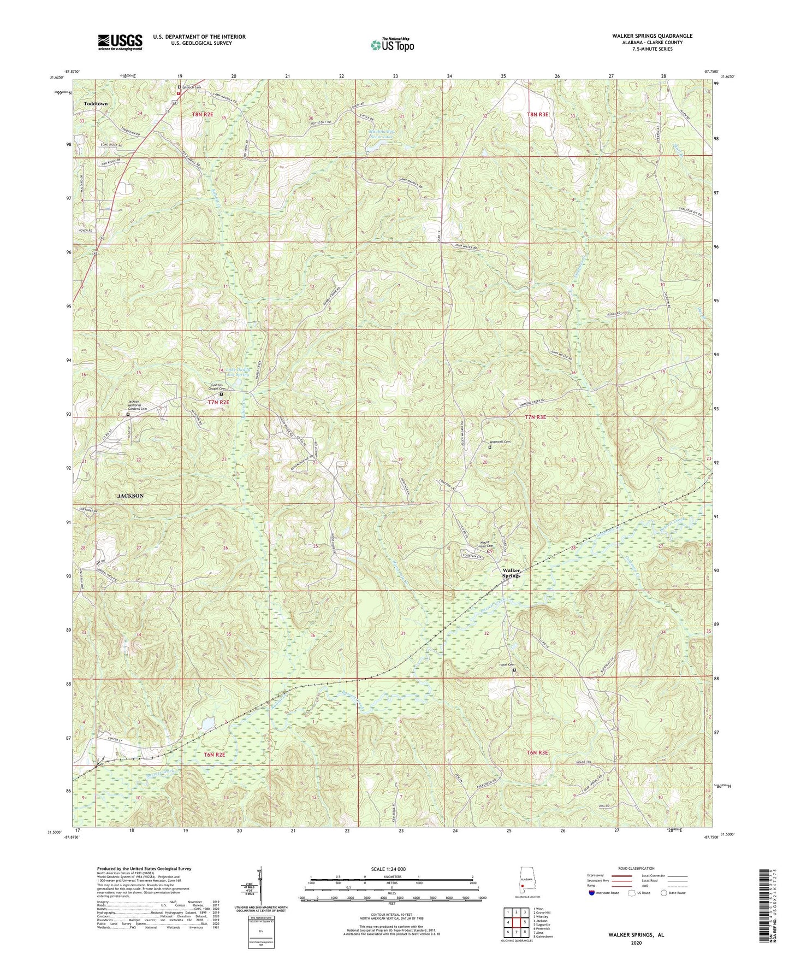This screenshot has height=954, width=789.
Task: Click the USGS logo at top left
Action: pos(120,42)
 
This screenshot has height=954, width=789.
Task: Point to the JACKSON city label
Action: pos(130,496)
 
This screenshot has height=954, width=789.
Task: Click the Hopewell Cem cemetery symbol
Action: pos(489,447)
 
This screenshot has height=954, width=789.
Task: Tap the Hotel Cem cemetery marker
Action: pos(514,669)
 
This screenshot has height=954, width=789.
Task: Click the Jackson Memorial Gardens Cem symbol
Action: pos(128,415)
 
